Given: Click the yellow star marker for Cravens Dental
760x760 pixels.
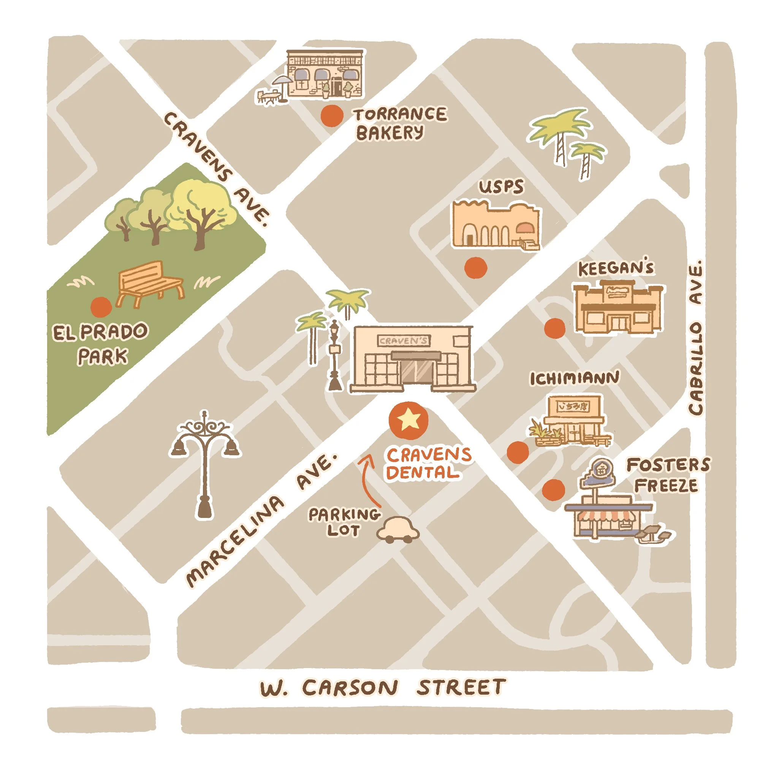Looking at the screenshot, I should (408, 420).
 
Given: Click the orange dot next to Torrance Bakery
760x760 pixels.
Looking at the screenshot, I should (332, 116).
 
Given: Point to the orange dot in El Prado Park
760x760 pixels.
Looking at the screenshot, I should (101, 307).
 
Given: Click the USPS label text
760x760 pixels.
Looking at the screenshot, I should (501, 187).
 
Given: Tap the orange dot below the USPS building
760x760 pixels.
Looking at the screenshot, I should (476, 268).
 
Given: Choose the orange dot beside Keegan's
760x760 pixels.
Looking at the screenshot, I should (555, 328).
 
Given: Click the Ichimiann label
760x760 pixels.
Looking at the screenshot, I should (574, 378).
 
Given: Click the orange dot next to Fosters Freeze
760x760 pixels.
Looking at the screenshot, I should (553, 490).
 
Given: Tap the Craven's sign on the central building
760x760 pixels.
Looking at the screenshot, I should (404, 340).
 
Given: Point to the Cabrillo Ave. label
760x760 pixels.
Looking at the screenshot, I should (695, 337).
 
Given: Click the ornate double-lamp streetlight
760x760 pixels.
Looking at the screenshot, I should (205, 460).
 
